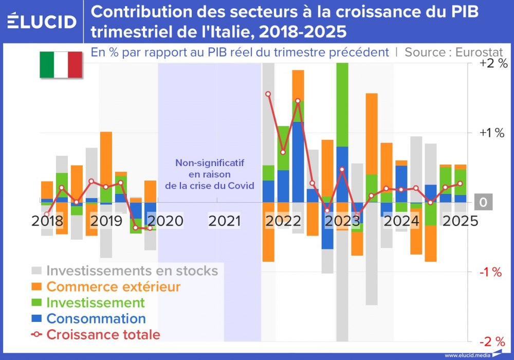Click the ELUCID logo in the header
42,21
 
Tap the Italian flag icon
61,65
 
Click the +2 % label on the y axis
493,64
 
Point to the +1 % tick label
493,133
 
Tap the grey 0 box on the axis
483,203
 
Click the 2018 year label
47,221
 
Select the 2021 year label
225,221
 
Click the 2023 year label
343,221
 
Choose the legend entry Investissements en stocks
132,271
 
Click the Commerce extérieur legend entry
113,286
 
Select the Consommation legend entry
96,318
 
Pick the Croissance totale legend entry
103,334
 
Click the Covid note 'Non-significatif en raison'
209,169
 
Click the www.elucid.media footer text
466,355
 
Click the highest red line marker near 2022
268,94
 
